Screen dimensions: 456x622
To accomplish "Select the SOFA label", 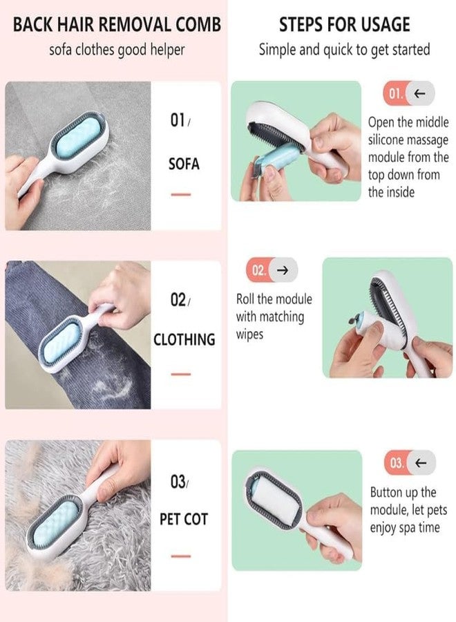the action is click(x=184, y=164).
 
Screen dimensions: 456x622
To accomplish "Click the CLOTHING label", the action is click(x=184, y=339).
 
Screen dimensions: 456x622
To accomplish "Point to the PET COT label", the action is click(x=184, y=519).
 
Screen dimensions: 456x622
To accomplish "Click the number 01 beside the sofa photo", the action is click(x=178, y=120).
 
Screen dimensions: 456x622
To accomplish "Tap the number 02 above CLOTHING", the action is click(x=178, y=300).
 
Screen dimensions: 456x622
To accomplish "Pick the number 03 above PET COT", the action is click(x=178, y=482).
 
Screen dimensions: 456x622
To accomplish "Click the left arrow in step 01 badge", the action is click(x=419, y=93).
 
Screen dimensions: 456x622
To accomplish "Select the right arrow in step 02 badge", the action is click(x=283, y=270).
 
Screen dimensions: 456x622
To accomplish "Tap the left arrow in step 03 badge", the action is click(x=421, y=462).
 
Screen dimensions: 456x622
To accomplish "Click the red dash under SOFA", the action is click(x=181, y=194).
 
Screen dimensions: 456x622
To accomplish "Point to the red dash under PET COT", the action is click(x=181, y=556).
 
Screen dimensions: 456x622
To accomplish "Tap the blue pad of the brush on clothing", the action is click(x=61, y=343).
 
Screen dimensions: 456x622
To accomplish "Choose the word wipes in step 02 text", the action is click(x=250, y=334).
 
